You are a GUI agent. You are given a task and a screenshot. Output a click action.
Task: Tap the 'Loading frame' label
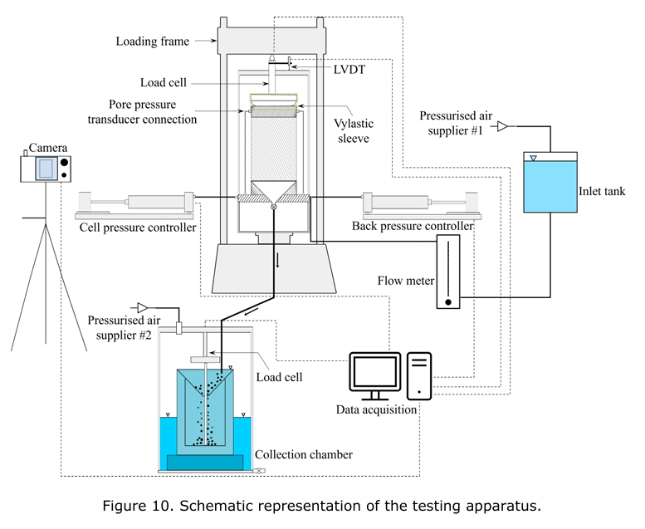153,41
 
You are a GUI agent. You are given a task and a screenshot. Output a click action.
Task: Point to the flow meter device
448,272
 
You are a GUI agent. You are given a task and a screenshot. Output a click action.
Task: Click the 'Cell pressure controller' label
137,227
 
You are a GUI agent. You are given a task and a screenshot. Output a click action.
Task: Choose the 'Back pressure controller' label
413,226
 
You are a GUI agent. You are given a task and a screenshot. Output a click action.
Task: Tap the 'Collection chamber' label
304,454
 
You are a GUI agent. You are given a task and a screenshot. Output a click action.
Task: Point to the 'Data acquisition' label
376,409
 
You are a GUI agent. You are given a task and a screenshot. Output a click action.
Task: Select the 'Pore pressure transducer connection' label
153,112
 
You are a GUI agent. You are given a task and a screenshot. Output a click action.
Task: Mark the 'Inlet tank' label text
602,192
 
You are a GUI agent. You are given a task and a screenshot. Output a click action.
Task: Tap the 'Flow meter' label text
405,281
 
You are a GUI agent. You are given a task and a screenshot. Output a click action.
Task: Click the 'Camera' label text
48,148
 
